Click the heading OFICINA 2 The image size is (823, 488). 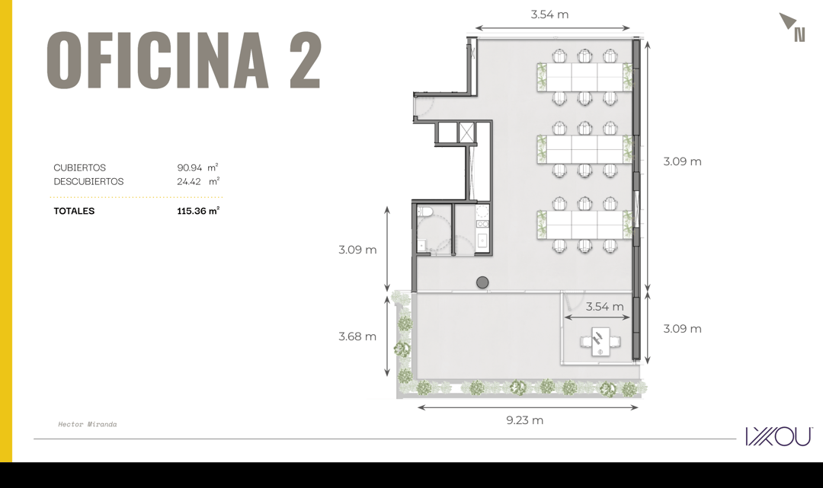coord(184,59)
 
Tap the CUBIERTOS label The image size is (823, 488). coord(80,167)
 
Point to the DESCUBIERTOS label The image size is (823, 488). coord(88,181)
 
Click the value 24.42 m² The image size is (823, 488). coord(198,181)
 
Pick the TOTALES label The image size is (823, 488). coord(74,211)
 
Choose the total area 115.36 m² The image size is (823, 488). coord(198,211)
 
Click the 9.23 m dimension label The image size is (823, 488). coord(525,420)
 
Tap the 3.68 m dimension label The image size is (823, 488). coord(357,336)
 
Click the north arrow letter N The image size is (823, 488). coord(799,34)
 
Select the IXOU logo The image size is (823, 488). coord(780,436)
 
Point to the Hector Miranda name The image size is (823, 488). coord(88,425)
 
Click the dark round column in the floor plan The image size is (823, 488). coord(482,282)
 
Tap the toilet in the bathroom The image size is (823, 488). coord(424,212)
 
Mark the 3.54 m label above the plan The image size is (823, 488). coord(549,14)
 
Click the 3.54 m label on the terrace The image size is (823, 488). coord(604,307)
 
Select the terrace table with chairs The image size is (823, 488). coord(600,342)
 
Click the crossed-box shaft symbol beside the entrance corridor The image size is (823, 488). coord(466,132)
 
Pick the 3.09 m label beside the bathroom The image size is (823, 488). coord(357,250)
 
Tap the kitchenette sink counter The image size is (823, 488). coord(482,230)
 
